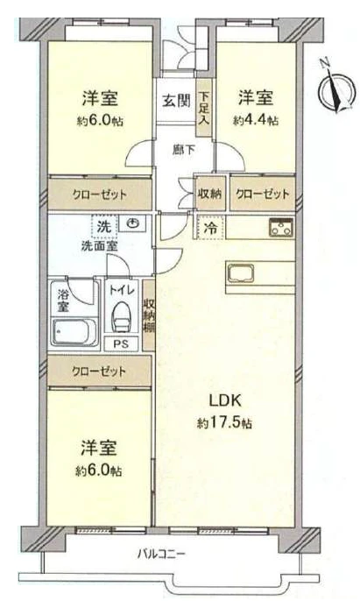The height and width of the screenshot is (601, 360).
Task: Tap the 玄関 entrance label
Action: click(176, 101)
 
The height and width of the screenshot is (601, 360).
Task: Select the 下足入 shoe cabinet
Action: click(204, 108)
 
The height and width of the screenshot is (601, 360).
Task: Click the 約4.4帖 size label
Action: click(256, 121)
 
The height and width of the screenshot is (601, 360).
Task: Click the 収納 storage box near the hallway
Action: click(209, 194)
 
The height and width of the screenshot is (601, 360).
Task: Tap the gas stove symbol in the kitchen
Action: click(281, 227)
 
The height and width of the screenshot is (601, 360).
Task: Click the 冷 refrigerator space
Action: click(211, 228)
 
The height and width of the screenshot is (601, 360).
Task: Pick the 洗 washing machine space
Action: click(103, 227)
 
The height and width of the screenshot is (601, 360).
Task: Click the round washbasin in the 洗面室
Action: click(132, 223)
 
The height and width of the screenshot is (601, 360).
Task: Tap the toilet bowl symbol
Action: click(121, 315)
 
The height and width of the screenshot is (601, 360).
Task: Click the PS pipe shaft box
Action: click(121, 343)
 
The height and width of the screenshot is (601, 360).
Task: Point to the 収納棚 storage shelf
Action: click(149, 315)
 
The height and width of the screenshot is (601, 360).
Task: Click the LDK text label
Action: click(225, 400)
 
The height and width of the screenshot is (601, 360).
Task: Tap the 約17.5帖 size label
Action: click(224, 423)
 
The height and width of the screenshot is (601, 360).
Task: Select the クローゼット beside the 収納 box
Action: click(263, 194)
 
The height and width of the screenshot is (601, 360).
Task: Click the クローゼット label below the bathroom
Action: click(99, 371)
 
